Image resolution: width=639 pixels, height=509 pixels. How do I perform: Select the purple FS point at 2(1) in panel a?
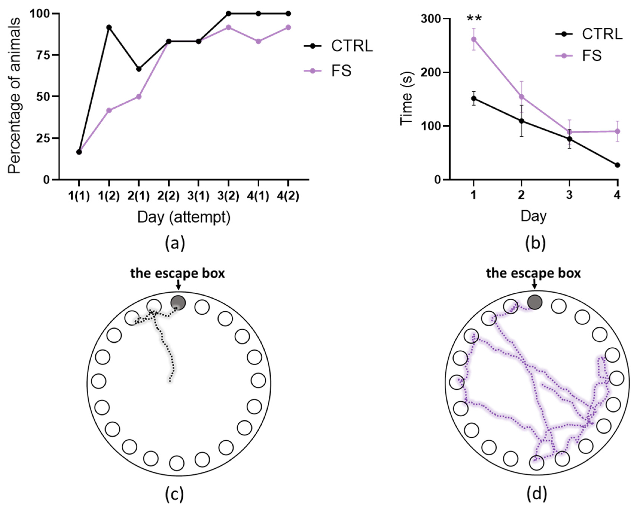tap(139, 97)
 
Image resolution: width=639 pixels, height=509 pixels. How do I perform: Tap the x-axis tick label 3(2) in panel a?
tap(228, 196)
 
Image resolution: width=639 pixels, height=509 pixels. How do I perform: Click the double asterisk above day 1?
tap(474, 18)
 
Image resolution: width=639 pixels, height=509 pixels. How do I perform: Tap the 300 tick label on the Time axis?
tap(430, 19)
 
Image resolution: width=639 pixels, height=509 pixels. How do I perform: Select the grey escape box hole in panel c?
tap(178, 303)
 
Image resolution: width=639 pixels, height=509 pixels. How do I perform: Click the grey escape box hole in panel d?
tap(535, 302)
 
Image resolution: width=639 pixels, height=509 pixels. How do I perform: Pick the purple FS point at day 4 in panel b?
tap(617, 131)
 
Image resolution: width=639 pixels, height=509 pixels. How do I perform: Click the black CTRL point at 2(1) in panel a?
tap(139, 69)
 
